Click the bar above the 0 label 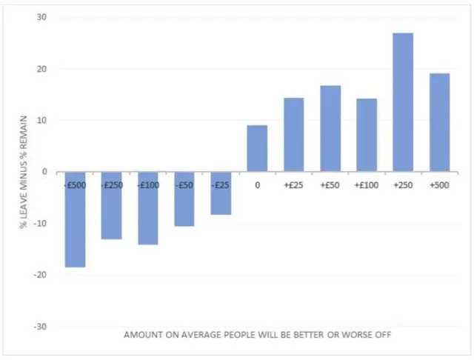[257, 148]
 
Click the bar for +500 [439, 122]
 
